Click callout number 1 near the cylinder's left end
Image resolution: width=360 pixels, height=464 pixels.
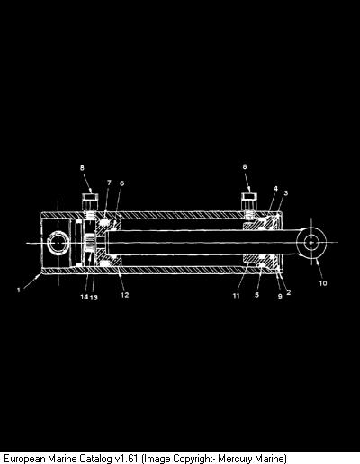[19, 290]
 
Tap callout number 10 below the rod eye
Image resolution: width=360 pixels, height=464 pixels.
[323, 283]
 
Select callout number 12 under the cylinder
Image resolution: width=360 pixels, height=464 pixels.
[125, 295]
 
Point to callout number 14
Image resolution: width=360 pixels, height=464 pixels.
[85, 297]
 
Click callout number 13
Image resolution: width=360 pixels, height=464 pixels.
[94, 298]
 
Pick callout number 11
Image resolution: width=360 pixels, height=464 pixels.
[237, 296]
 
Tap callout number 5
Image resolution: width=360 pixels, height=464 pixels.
[256, 295]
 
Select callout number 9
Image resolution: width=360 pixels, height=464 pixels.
[280, 296]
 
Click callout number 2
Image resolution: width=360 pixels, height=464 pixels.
[289, 292]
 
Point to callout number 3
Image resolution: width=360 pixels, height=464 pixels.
[286, 192]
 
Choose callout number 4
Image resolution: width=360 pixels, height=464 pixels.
[275, 189]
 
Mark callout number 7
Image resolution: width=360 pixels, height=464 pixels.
[109, 183]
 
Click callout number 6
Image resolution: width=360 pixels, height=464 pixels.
[121, 183]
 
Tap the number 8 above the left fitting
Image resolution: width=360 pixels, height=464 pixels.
[82, 168]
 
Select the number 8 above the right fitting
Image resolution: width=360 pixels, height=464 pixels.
[245, 166]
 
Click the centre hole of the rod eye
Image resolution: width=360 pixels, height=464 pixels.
[311, 242]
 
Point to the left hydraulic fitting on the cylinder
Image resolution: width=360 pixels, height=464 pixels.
[90, 205]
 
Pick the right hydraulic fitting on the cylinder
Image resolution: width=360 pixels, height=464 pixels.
[249, 205]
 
